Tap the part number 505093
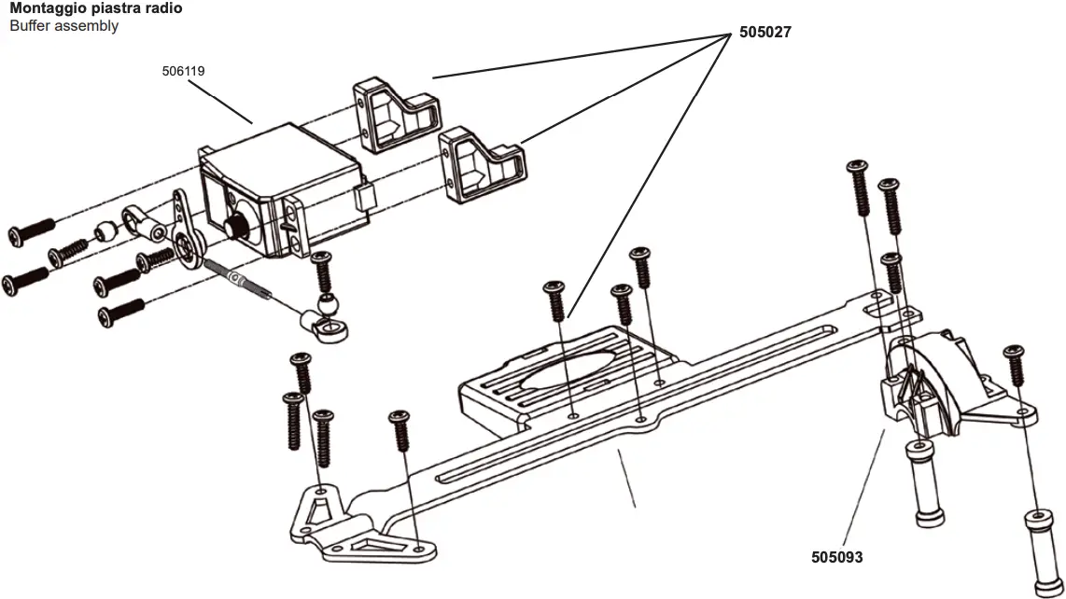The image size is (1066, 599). point(837,557)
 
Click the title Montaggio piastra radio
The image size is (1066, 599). point(96,8)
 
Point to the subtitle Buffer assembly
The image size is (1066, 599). point(63,26)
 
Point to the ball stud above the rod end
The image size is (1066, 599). point(326,303)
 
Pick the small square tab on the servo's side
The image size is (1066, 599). point(364,198)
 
